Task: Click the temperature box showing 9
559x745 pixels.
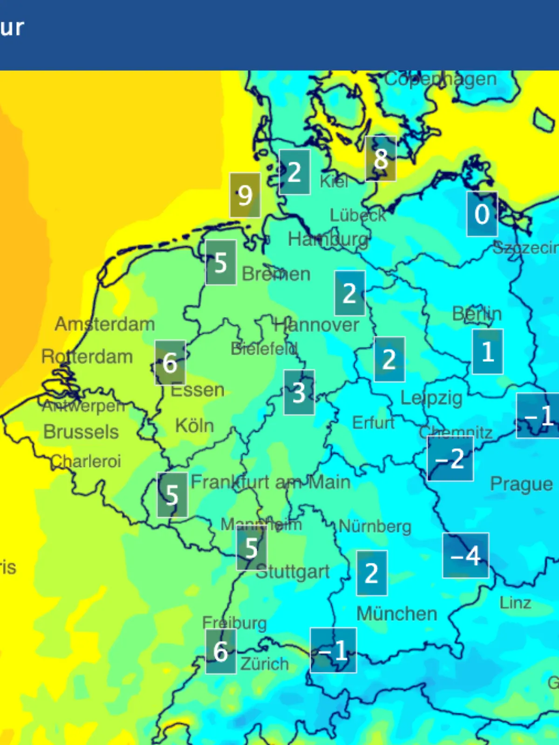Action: tap(245, 195)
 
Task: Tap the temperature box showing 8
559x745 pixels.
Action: tap(381, 159)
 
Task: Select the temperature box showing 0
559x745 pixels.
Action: tap(482, 214)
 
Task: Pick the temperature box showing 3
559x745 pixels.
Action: tap(299, 393)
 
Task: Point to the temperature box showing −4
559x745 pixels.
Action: tap(465, 555)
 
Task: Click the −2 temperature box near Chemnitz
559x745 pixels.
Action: tap(450, 459)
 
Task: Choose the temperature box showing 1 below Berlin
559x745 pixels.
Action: tap(487, 352)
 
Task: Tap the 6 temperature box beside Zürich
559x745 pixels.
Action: tap(220, 651)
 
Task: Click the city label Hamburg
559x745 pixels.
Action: tap(328, 240)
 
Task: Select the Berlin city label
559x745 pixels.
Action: tap(477, 314)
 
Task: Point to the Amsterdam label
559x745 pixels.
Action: tap(105, 324)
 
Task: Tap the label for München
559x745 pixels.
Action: tap(397, 614)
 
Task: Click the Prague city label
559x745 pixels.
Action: tap(521, 484)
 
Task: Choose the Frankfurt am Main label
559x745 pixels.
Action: tap(271, 482)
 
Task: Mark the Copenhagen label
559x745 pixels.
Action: tap(441, 79)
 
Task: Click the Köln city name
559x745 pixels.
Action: tap(195, 426)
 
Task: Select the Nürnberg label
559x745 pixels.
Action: tap(375, 527)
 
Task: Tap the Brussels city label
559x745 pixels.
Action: tap(81, 432)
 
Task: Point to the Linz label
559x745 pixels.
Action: tap(515, 603)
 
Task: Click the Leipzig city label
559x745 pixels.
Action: tap(431, 398)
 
